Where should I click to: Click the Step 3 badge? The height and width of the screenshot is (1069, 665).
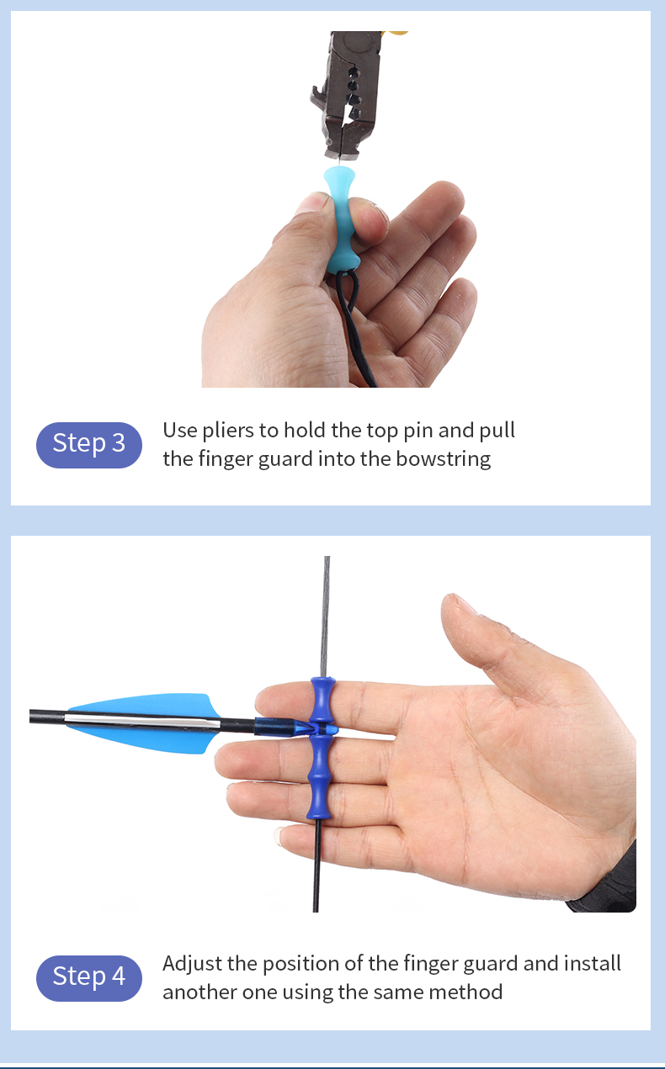[x=88, y=443]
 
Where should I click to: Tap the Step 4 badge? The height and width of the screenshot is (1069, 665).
[x=88, y=976]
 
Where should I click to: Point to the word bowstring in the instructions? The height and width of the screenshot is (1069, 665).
[x=443, y=459]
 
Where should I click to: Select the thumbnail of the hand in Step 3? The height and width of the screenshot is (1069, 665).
[x=314, y=203]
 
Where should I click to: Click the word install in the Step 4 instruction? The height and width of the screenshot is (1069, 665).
[x=593, y=963]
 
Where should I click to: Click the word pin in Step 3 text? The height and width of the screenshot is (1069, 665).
[x=417, y=431]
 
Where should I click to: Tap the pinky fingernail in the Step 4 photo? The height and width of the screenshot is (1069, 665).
[x=282, y=836]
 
